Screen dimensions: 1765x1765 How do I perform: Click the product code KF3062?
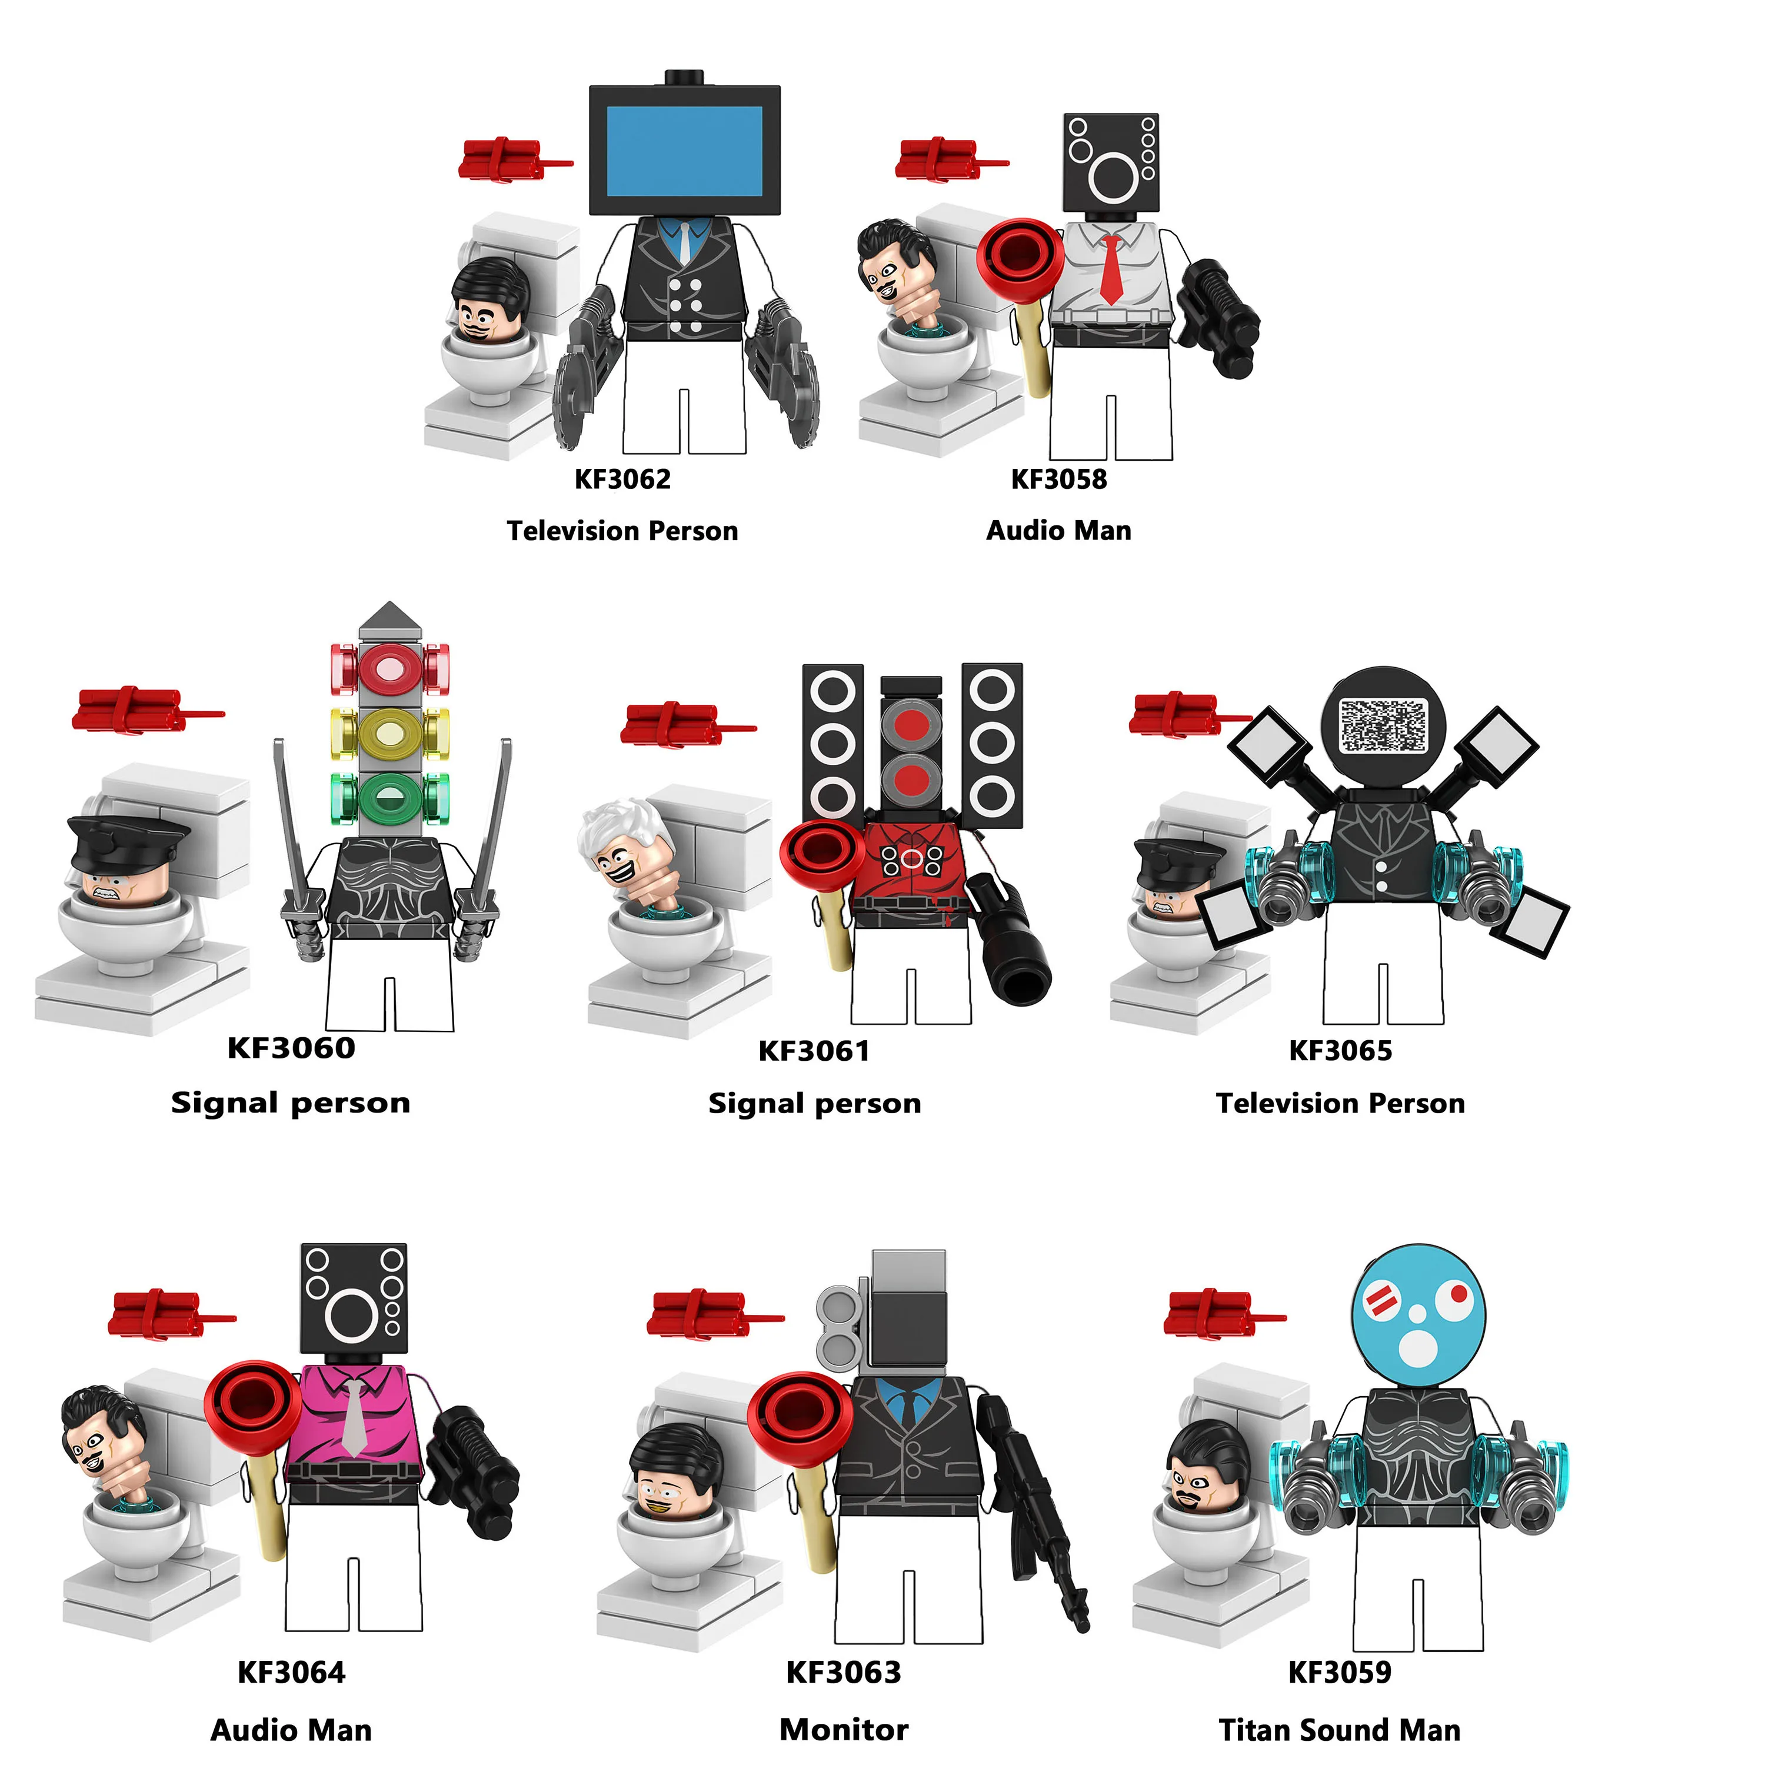622,479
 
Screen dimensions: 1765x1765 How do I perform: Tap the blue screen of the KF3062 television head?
684,151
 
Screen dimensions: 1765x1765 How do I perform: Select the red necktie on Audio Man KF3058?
1110,269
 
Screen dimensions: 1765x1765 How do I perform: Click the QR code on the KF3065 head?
1382,726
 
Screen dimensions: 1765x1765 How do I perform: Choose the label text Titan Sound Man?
1339,1729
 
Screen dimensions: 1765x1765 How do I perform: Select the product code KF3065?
1340,1051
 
